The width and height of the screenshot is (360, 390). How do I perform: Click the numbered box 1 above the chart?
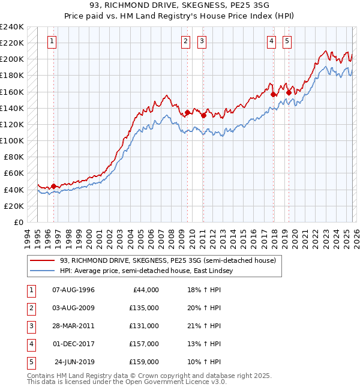(53, 41)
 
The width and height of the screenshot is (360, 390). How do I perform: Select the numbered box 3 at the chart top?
(202, 41)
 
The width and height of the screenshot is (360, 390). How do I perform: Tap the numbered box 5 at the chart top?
(287, 41)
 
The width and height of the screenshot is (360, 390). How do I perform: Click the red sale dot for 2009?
(187, 112)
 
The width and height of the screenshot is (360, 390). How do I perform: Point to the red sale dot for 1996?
(53, 186)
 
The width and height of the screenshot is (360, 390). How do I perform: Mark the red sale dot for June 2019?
(289, 92)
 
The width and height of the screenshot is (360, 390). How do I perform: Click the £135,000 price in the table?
(144, 308)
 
